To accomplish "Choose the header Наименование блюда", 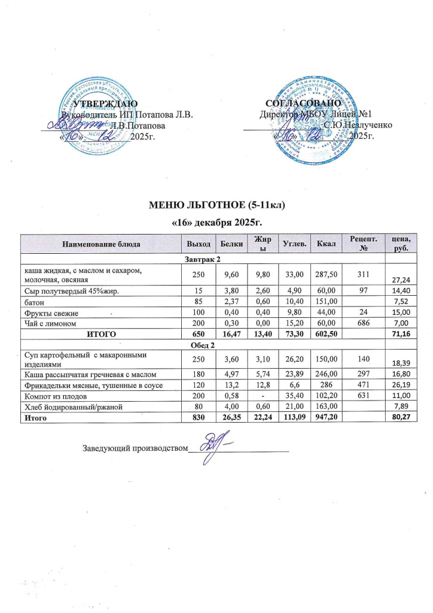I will pyautogui.click(x=100, y=244).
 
